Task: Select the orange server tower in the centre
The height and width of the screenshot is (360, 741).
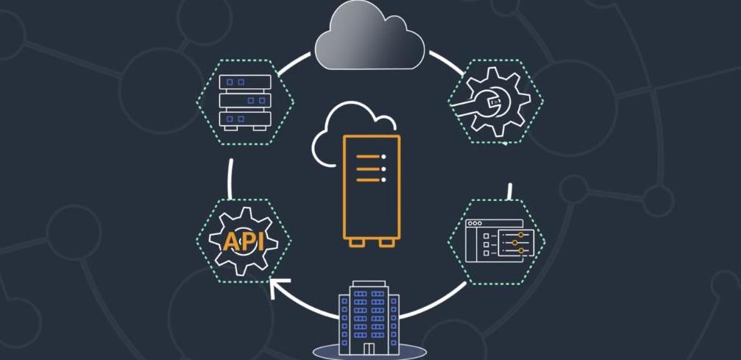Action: pyautogui.click(x=371, y=188)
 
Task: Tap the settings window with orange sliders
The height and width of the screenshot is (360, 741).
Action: pyautogui.click(x=498, y=240)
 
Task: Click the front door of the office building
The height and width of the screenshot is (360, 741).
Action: pyautogui.click(x=369, y=348)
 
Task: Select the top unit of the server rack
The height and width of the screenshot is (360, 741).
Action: pyautogui.click(x=245, y=81)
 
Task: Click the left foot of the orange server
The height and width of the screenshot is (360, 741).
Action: pyautogui.click(x=355, y=243)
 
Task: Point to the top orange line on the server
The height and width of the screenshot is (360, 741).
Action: pyautogui.click(x=370, y=156)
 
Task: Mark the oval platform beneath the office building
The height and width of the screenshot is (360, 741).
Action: pyautogui.click(x=369, y=351)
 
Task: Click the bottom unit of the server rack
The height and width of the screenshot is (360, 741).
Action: pyautogui.click(x=245, y=117)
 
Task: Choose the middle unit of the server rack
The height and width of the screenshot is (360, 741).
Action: pyautogui.click(x=245, y=99)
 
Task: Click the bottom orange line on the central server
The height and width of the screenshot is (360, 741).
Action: pyautogui.click(x=370, y=180)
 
